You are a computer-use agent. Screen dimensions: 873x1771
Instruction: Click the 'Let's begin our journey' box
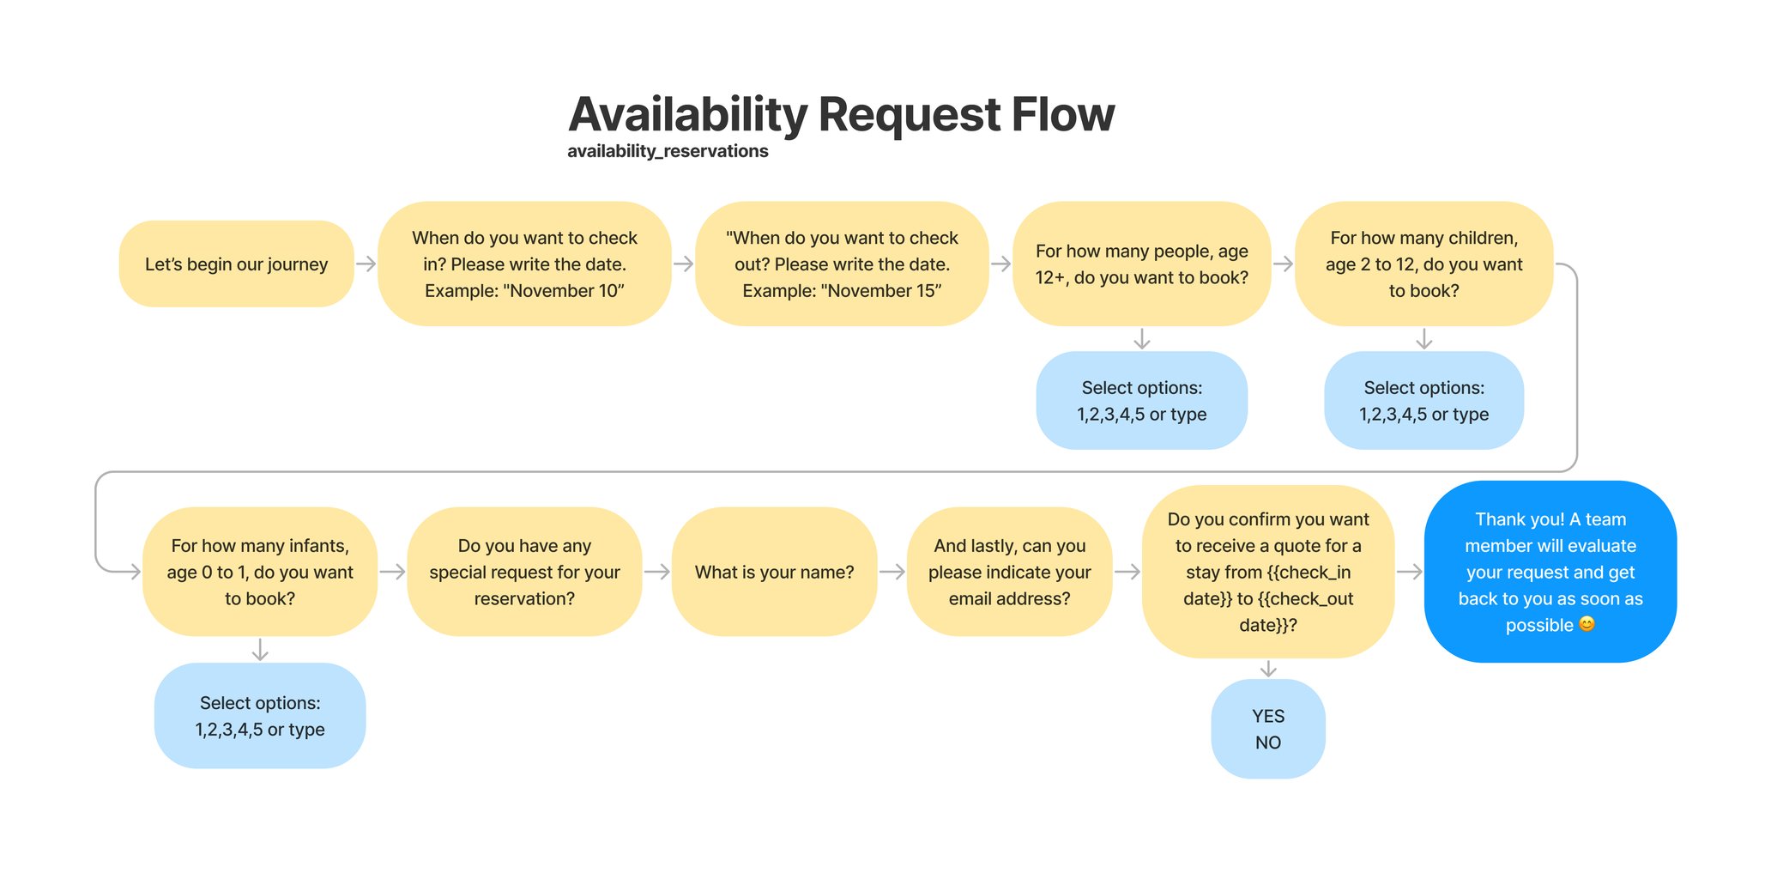[236, 264]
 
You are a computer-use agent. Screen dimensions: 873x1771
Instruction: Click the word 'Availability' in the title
[687, 114]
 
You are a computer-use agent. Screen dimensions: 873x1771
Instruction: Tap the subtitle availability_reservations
[668, 151]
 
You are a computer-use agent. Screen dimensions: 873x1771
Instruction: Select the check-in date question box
[524, 264]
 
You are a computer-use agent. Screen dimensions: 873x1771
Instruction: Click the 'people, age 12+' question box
[1141, 264]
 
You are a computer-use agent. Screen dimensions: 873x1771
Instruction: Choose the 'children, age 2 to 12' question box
[1423, 264]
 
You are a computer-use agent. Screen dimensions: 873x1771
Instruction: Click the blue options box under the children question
[1423, 400]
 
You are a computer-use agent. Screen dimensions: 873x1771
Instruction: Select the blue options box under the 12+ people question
[1141, 400]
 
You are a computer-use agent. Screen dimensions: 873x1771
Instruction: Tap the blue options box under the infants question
[260, 715]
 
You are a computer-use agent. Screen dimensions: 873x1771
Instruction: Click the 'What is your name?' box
[774, 572]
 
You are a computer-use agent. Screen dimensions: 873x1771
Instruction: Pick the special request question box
[524, 572]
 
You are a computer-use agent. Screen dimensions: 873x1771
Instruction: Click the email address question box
[1009, 572]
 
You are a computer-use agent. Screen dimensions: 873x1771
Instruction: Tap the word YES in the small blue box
[1268, 716]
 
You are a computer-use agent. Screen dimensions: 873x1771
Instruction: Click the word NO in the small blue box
[1268, 743]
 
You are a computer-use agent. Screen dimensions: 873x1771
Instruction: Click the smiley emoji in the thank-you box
[1587, 624]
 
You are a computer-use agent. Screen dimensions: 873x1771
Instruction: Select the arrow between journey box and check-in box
[366, 264]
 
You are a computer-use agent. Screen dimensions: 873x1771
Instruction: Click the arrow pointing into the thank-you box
[1410, 572]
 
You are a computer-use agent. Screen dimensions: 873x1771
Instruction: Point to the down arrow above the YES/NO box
[1268, 669]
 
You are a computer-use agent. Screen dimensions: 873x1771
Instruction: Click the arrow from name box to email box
[892, 572]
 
